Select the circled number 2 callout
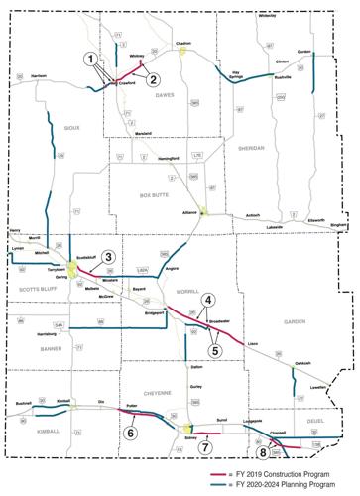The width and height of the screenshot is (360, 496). coord(154,80)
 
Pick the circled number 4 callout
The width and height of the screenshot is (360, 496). coord(207,300)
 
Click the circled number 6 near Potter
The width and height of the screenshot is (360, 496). coord(129,431)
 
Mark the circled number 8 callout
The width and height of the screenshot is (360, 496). coord(263,452)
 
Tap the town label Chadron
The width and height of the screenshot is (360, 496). coord(182,44)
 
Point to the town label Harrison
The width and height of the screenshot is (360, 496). coord(39,75)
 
